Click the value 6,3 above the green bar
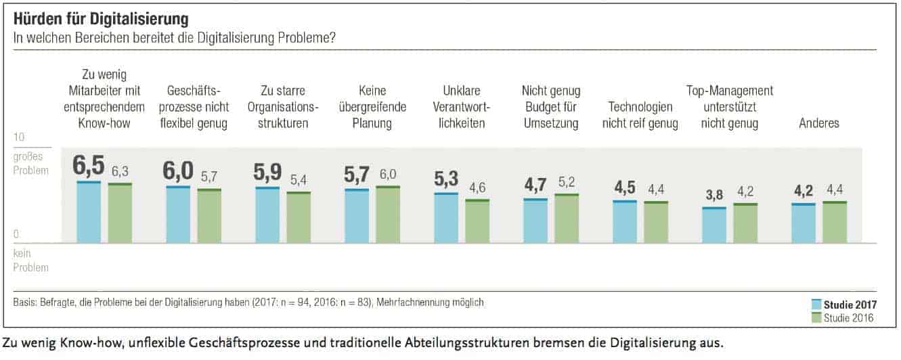click(x=119, y=171)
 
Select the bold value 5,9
click(x=267, y=173)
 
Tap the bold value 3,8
click(x=713, y=195)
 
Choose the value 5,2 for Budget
click(x=566, y=182)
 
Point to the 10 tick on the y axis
click(x=19, y=137)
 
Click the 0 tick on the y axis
click(x=16, y=234)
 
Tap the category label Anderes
click(x=819, y=123)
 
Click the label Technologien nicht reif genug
click(x=640, y=115)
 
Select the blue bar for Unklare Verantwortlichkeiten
click(x=445, y=218)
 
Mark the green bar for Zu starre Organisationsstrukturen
click(x=298, y=217)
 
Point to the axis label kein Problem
click(x=30, y=261)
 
